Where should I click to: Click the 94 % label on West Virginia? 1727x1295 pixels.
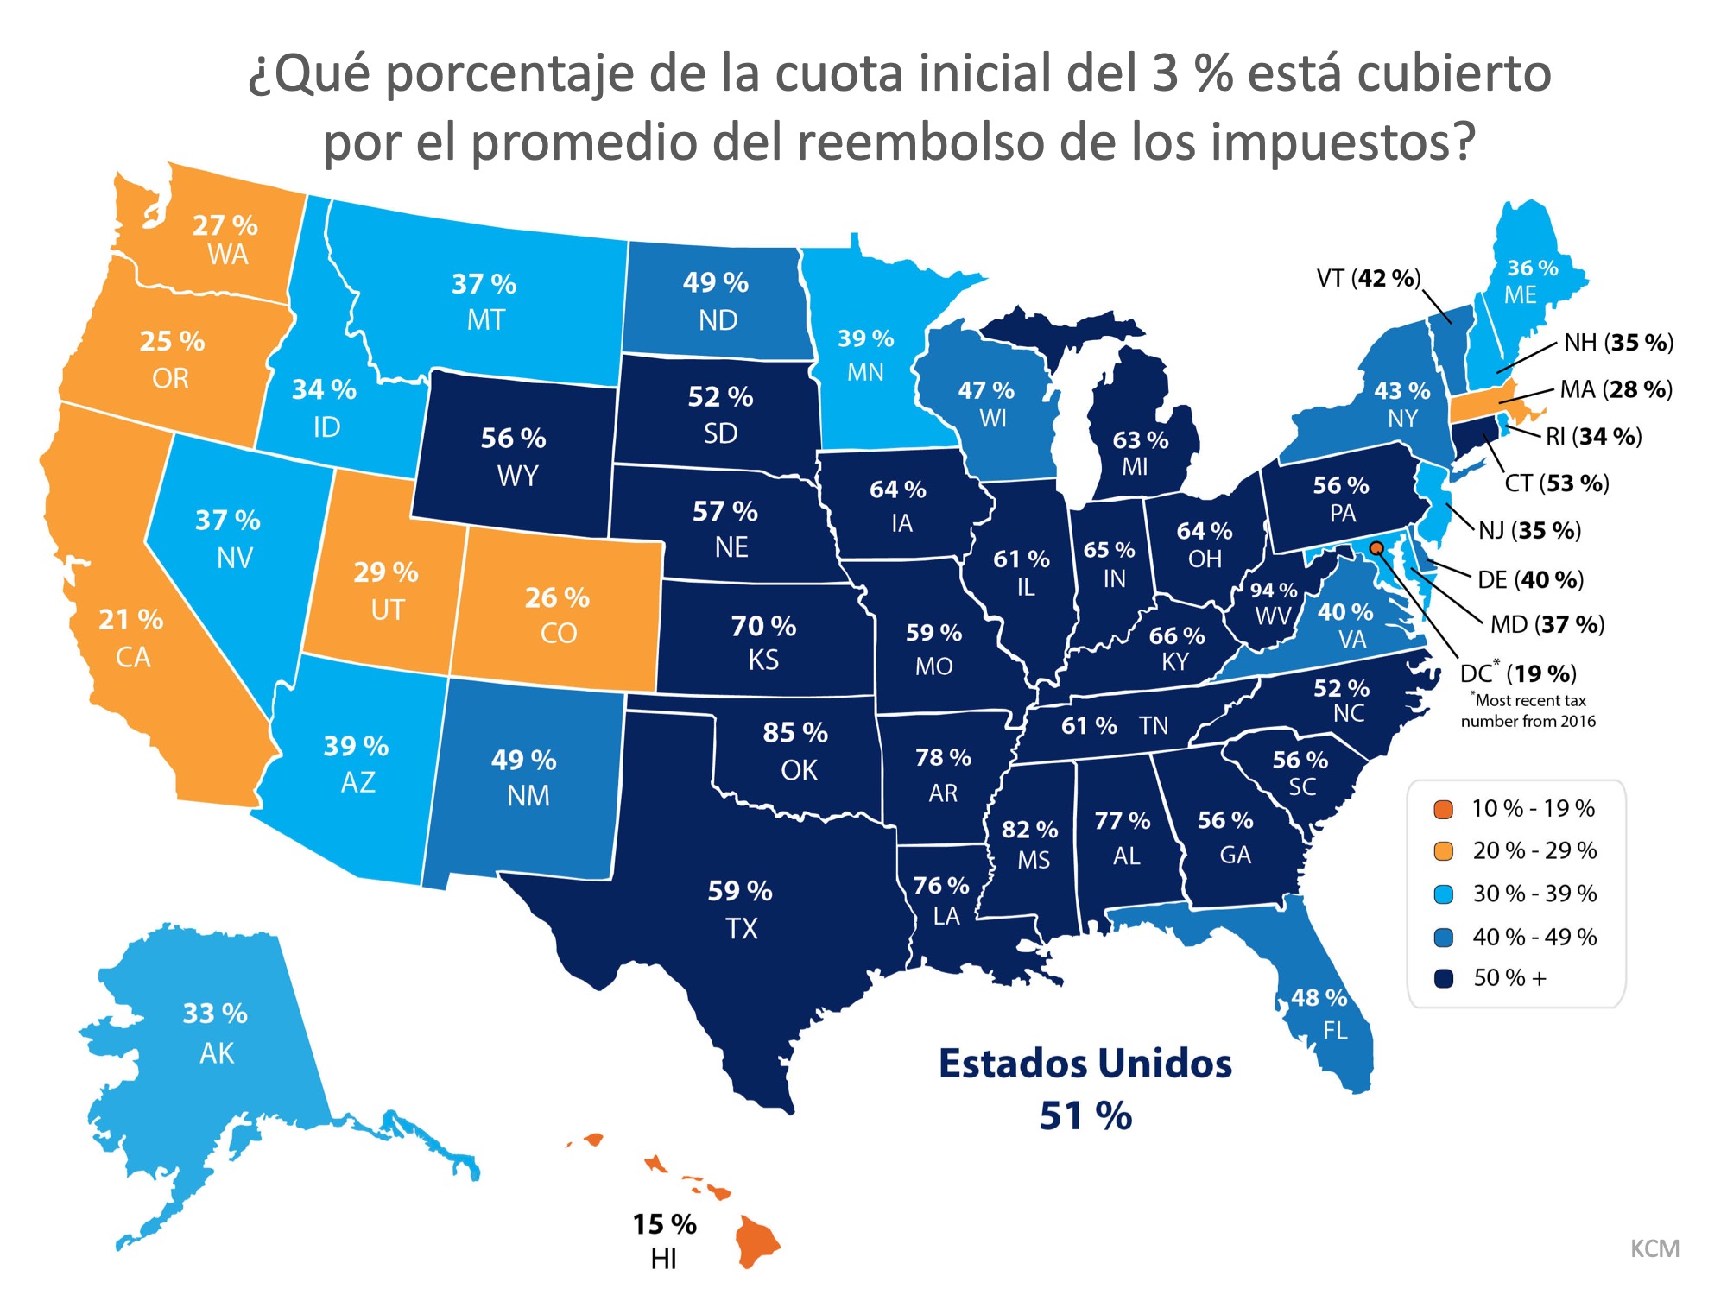pyautogui.click(x=1274, y=591)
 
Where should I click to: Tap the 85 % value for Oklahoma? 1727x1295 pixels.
pyautogui.click(x=794, y=733)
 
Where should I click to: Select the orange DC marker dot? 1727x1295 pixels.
pyautogui.click(x=1376, y=548)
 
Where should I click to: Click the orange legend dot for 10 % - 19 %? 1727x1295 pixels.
pyautogui.click(x=1443, y=809)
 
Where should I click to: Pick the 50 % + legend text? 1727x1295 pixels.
pyautogui.click(x=1509, y=978)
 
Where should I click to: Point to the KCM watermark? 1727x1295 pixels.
pyautogui.click(x=1654, y=1248)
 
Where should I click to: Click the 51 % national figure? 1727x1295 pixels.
pyautogui.click(x=1085, y=1115)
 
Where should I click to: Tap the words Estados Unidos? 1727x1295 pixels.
pyautogui.click(x=1085, y=1064)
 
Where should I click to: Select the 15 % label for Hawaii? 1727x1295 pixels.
pyautogui.click(x=664, y=1224)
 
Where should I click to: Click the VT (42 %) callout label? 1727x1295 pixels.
pyautogui.click(x=1368, y=278)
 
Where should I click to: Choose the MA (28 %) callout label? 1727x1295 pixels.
pyautogui.click(x=1616, y=389)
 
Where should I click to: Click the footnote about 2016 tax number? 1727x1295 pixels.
pyautogui.click(x=1528, y=711)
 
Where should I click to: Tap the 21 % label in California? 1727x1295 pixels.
pyautogui.click(x=130, y=619)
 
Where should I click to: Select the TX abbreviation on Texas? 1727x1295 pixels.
pyautogui.click(x=741, y=929)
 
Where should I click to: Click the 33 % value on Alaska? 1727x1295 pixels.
pyautogui.click(x=215, y=1013)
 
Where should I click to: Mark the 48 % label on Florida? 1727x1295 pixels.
pyautogui.click(x=1319, y=998)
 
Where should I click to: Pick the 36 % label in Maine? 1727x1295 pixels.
pyautogui.click(x=1532, y=268)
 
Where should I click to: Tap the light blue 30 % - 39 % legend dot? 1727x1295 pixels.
pyautogui.click(x=1443, y=894)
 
